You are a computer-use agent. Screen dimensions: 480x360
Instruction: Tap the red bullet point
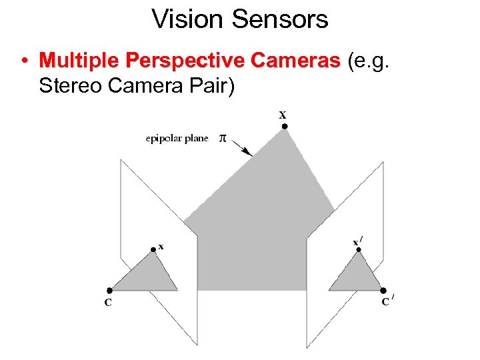(24, 61)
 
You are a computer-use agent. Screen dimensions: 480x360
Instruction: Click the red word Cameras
(294, 61)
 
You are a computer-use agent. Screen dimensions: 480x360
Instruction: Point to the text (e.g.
(366, 61)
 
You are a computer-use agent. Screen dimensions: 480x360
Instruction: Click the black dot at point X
(285, 126)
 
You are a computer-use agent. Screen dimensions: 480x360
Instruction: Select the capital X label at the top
(283, 114)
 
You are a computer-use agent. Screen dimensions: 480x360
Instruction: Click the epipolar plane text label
(177, 139)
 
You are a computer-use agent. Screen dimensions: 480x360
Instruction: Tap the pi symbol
(223, 139)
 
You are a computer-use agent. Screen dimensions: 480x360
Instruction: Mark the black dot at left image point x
(153, 249)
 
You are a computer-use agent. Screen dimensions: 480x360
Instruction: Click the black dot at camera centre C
(109, 291)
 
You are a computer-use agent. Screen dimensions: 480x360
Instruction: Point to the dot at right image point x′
(359, 250)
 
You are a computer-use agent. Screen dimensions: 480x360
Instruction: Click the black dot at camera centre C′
(383, 291)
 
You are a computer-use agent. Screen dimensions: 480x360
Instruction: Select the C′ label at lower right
(387, 301)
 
